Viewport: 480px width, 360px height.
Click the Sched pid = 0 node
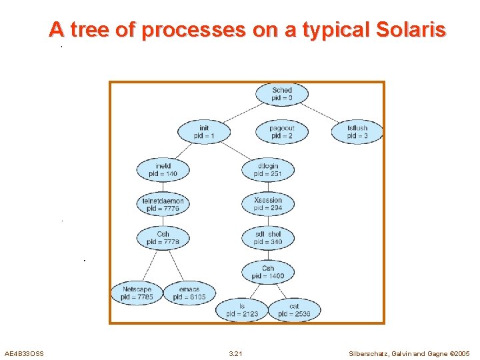tap(281, 94)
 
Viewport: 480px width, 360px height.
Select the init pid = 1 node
tap(204, 131)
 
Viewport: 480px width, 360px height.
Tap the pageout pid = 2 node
tap(281, 131)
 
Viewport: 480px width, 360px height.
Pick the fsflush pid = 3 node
tap(357, 131)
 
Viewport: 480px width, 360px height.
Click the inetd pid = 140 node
tap(163, 169)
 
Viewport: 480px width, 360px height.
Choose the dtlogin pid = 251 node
tap(268, 169)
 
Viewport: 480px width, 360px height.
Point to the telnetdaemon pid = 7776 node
tap(163, 204)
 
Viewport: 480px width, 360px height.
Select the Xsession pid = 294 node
tap(268, 204)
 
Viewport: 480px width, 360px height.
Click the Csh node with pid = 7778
tap(163, 238)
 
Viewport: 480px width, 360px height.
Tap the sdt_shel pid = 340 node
tap(268, 238)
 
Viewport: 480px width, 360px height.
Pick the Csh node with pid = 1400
tap(268, 272)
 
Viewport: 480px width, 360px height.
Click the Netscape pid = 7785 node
tap(137, 293)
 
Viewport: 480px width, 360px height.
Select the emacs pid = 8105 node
tap(189, 293)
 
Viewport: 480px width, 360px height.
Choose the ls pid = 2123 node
tap(241, 309)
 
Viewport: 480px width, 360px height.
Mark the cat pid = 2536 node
tap(294, 309)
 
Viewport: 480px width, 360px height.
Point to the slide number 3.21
tap(235, 353)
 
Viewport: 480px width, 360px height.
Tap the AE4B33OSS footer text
tap(24, 353)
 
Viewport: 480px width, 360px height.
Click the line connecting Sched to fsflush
tap(325, 113)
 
